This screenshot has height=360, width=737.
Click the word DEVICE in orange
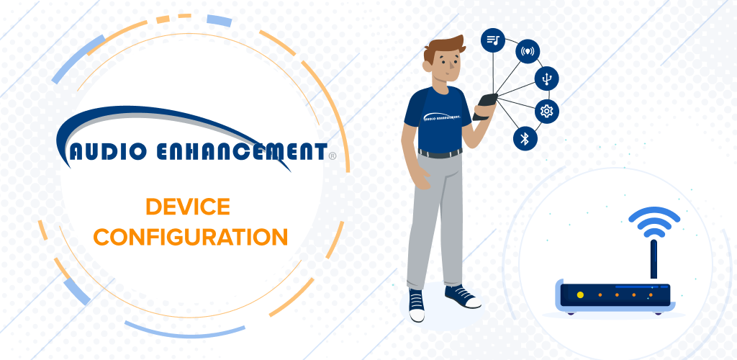coord(188,207)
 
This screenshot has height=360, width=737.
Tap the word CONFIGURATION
coord(190,237)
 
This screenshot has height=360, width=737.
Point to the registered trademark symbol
coord(333,156)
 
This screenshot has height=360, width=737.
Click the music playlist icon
coord(492,40)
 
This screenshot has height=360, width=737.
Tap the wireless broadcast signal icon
coord(528,51)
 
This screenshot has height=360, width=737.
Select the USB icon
coord(546,78)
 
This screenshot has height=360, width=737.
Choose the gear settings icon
coord(547,111)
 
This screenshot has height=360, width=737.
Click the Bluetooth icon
coord(525,138)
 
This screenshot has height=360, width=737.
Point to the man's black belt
coord(440,153)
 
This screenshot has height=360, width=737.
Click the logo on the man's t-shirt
coord(441,118)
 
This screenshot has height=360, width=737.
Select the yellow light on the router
coord(580,294)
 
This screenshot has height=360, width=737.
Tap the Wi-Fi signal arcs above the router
coord(654,221)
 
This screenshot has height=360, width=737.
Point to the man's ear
coord(427,66)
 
